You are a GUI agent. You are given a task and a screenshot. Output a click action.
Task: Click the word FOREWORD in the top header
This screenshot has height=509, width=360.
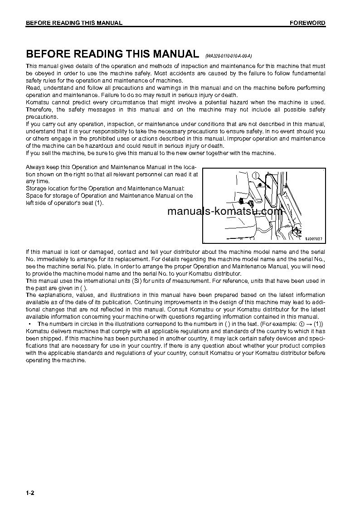point(307,23)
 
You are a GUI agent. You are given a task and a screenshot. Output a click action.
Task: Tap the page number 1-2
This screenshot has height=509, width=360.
point(30,493)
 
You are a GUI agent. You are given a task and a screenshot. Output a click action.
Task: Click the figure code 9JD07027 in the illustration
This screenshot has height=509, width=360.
point(313,238)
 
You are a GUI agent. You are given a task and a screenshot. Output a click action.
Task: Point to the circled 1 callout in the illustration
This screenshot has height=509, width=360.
point(256,176)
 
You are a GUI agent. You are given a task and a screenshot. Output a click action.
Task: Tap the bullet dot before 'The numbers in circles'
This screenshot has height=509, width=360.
point(29,324)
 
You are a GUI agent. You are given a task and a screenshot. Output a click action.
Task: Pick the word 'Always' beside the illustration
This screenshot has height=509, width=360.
point(34,167)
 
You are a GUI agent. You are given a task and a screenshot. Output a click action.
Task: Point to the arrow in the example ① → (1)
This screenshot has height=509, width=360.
point(307,324)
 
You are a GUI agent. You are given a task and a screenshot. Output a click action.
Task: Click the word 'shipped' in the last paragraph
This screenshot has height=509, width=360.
point(52,339)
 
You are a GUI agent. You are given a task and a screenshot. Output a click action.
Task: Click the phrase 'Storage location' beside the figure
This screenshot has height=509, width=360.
point(47,188)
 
